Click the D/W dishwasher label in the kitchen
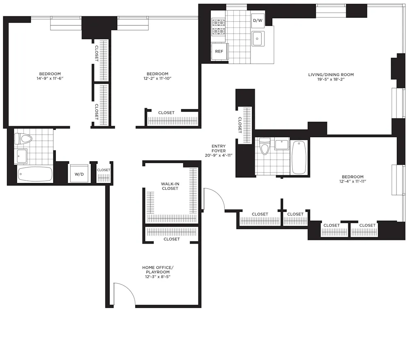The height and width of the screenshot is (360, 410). (x=257, y=20)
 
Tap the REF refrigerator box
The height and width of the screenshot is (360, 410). (x=219, y=52)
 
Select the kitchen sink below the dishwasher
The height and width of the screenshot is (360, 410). (x=258, y=39)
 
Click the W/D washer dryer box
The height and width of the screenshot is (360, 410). (x=79, y=174)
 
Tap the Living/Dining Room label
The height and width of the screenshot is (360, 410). (x=331, y=75)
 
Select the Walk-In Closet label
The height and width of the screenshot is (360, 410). (x=170, y=186)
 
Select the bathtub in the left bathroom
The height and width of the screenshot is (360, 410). (x=35, y=174)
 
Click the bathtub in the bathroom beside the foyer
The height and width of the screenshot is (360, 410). (x=299, y=157)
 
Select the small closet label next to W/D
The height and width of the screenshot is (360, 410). (x=103, y=170)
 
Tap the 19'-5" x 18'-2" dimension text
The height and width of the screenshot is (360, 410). (x=331, y=80)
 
